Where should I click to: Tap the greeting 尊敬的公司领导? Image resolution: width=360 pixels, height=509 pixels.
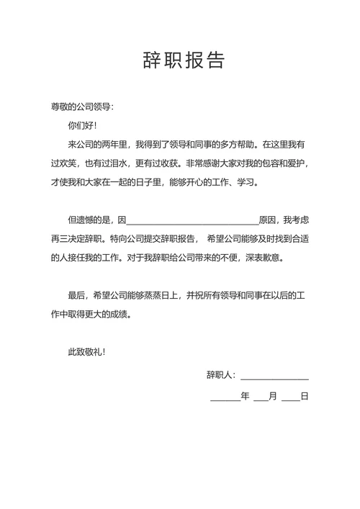coord(81,107)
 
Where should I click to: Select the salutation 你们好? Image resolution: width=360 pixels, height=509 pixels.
coord(82,126)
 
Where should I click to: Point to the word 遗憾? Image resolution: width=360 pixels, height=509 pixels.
coord(92,220)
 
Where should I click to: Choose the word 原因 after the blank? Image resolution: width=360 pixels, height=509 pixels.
coord(268,220)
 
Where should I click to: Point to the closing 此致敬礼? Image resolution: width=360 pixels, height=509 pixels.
coord(86,351)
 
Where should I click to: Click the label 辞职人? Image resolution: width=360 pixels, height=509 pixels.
coord(220,375)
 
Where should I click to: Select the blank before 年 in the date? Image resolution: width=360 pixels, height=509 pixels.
coord(225,397)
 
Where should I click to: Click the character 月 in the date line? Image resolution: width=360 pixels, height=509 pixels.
coord(272,396)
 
